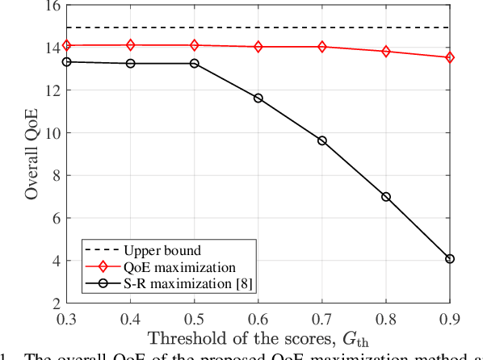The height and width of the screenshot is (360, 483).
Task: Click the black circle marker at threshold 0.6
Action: [x=258, y=98]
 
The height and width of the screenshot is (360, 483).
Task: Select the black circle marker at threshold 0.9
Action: [x=450, y=259]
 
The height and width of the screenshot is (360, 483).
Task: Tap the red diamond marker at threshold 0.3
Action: [x=67, y=45]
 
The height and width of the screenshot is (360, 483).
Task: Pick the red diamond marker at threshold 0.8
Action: [x=386, y=52]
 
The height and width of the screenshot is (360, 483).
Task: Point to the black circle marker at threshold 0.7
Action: [x=322, y=140]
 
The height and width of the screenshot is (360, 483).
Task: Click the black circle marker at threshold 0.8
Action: [x=386, y=197]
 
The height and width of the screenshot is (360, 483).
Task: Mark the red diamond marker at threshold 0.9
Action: [x=450, y=57]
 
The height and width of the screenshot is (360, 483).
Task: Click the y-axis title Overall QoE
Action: [x=31, y=153]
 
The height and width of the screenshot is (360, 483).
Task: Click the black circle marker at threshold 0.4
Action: [x=131, y=63]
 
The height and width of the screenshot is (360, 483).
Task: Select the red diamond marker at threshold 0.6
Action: [x=258, y=47]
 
